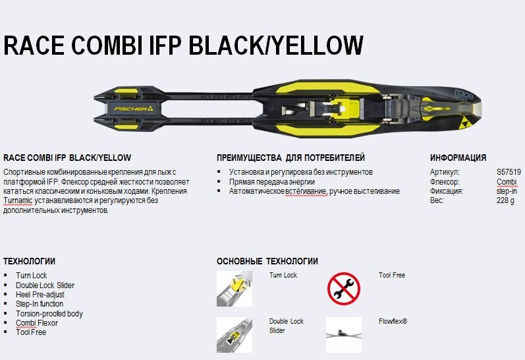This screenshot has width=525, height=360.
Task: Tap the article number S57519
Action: tap(509, 171)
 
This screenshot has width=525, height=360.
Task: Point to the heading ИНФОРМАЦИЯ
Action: tap(458, 158)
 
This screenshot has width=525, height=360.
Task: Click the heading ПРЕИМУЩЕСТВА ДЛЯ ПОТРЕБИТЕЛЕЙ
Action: tap(290, 158)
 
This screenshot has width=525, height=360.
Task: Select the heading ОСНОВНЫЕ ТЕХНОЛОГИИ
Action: tap(267, 261)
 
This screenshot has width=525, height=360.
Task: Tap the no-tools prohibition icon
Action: tap(343, 289)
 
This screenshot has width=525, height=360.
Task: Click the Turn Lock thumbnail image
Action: tap(234, 289)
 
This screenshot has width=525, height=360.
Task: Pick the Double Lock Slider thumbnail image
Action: tap(234, 334)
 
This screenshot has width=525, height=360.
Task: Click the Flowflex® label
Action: tap(393, 321)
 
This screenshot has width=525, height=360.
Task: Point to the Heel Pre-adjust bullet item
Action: tap(40, 295)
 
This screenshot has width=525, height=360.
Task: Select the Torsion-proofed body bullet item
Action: tap(49, 314)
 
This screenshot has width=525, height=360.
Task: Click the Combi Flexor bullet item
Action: tap(37, 323)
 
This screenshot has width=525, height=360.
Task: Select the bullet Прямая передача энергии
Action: tap(271, 181)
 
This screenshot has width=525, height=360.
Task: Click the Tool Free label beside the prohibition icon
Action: tap(391, 275)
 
